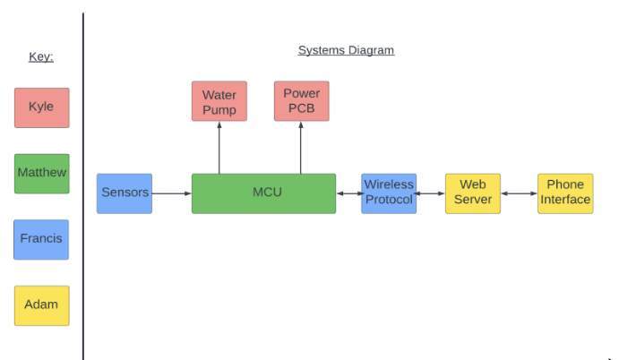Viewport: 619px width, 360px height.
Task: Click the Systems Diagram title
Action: (x=346, y=50)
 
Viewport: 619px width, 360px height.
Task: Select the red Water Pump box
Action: (x=219, y=101)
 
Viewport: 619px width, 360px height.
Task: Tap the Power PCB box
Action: (x=301, y=101)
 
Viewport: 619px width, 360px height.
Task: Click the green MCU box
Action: (x=263, y=193)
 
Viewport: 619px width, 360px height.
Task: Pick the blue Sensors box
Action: (x=125, y=193)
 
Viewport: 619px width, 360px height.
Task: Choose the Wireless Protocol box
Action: (x=389, y=193)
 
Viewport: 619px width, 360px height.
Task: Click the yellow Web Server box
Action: (x=473, y=193)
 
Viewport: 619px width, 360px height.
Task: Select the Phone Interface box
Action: (x=565, y=193)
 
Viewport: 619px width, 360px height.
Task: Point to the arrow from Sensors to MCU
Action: (x=172, y=193)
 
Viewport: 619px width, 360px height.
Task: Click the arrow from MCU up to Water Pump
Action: (x=219, y=147)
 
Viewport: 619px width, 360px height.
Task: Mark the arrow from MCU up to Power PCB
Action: (x=301, y=147)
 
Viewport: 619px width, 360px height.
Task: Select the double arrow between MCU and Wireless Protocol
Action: (x=348, y=193)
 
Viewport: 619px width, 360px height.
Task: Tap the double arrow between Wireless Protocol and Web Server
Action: (x=431, y=193)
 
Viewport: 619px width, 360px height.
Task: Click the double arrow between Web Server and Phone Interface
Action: (x=519, y=193)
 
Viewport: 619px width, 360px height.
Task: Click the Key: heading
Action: (x=41, y=56)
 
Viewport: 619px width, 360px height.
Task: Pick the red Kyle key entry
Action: (x=41, y=107)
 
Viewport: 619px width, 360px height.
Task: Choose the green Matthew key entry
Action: (x=41, y=173)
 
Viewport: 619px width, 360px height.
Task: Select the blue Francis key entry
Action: (x=41, y=239)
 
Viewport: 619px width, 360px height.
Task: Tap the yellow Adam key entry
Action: (x=41, y=305)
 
